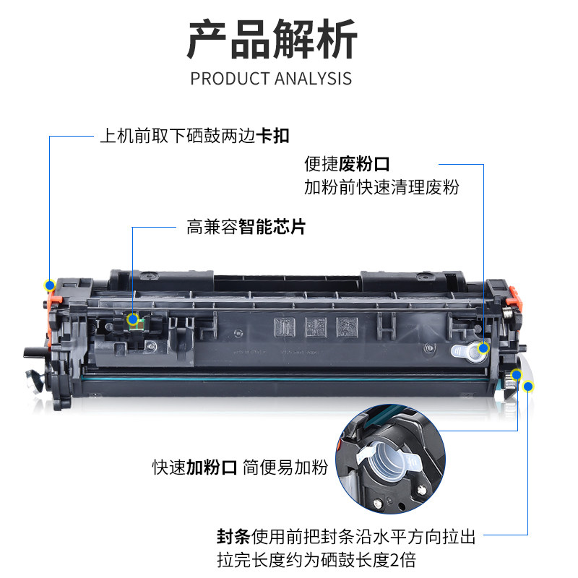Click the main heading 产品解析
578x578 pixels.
coord(272,39)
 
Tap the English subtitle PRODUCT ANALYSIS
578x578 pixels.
coord(271,79)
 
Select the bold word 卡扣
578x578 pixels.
coord(273,136)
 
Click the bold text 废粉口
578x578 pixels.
coord(364,164)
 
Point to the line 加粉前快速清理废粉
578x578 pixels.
coord(381,187)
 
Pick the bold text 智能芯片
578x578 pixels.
coord(272,227)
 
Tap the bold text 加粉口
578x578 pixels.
coord(212,467)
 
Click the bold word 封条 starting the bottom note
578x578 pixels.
coord(233,536)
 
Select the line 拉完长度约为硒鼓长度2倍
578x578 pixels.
coord(316,560)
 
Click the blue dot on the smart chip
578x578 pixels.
coord(133,319)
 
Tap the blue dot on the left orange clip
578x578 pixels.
coord(50,285)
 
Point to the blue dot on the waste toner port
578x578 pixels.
coord(483,348)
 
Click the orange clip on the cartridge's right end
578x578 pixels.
coord(514,298)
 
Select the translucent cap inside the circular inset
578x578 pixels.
coord(389,459)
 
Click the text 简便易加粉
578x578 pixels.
coord(285,467)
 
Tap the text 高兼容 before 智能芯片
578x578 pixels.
coord(212,227)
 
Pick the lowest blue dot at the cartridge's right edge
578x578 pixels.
coord(528,387)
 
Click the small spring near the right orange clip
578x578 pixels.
coord(508,314)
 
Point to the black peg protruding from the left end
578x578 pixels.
coord(35,352)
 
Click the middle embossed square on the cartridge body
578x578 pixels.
coord(316,327)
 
